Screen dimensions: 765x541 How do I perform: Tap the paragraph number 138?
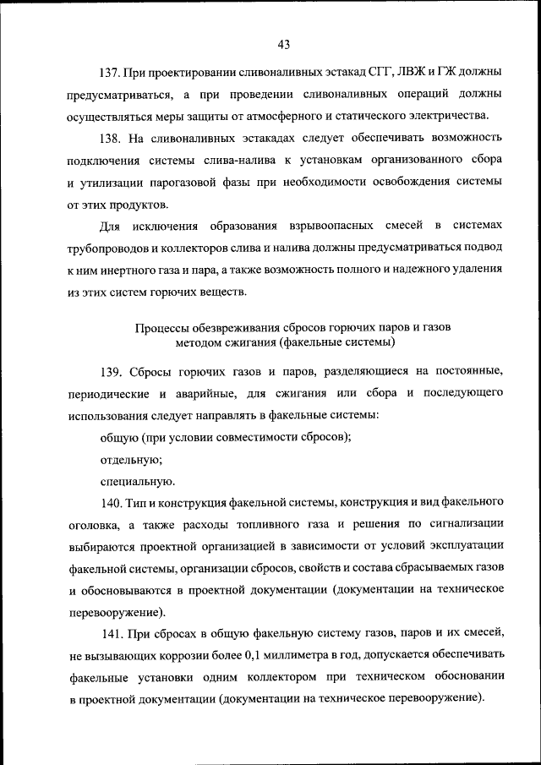pos(112,137)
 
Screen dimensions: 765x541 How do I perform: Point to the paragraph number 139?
pos(112,372)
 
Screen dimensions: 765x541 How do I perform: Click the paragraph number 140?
pos(112,504)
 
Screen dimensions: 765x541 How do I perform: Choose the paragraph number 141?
pos(112,632)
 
